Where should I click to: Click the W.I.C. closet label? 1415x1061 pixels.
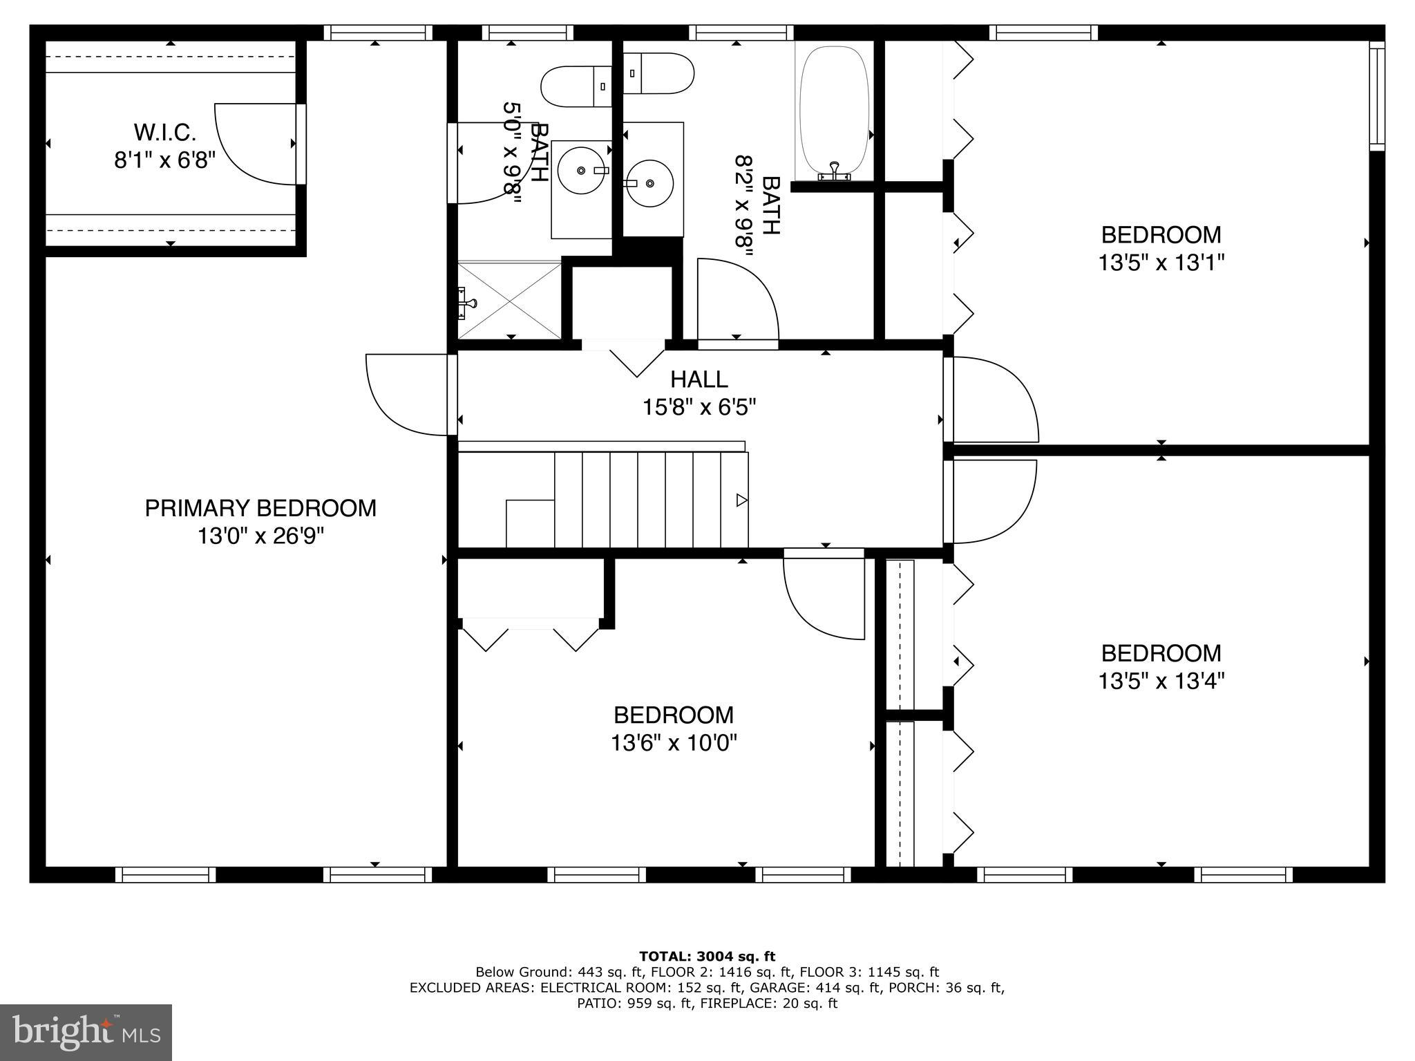[x=164, y=131]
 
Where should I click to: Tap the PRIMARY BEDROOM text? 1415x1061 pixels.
[x=260, y=508]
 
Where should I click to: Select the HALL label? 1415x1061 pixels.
[x=699, y=379]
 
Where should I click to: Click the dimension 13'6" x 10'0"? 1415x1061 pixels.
[x=674, y=743]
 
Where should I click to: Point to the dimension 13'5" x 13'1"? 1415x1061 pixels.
[x=1161, y=263]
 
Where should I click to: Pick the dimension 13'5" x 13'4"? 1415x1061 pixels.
[x=1161, y=682]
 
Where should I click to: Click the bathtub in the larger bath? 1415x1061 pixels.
[x=834, y=111]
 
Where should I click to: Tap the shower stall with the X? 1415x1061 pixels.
[x=509, y=300]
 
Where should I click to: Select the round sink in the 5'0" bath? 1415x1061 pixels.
[x=581, y=170]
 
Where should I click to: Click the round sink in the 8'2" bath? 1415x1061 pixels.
[x=649, y=183]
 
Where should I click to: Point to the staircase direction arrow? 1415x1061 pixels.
[x=741, y=500]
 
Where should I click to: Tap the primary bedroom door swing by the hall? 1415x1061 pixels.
[x=408, y=395]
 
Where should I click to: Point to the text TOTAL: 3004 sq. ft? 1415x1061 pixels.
[x=707, y=957]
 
